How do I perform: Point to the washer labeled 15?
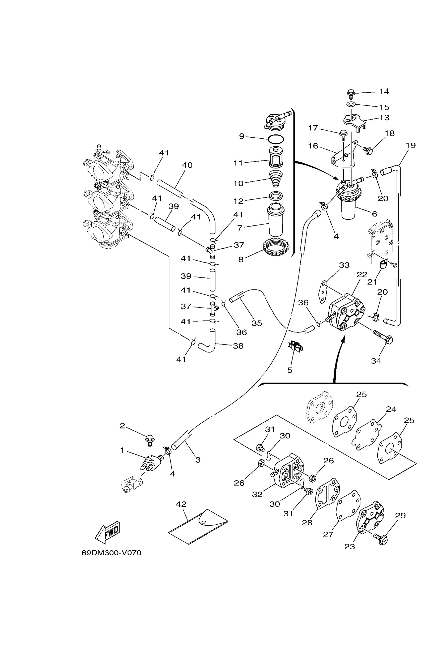(351, 104)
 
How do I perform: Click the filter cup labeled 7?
(276, 221)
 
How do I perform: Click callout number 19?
(411, 145)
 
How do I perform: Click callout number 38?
(238, 346)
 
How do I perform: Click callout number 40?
(187, 165)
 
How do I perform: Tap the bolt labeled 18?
(368, 151)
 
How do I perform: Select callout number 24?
(391, 409)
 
